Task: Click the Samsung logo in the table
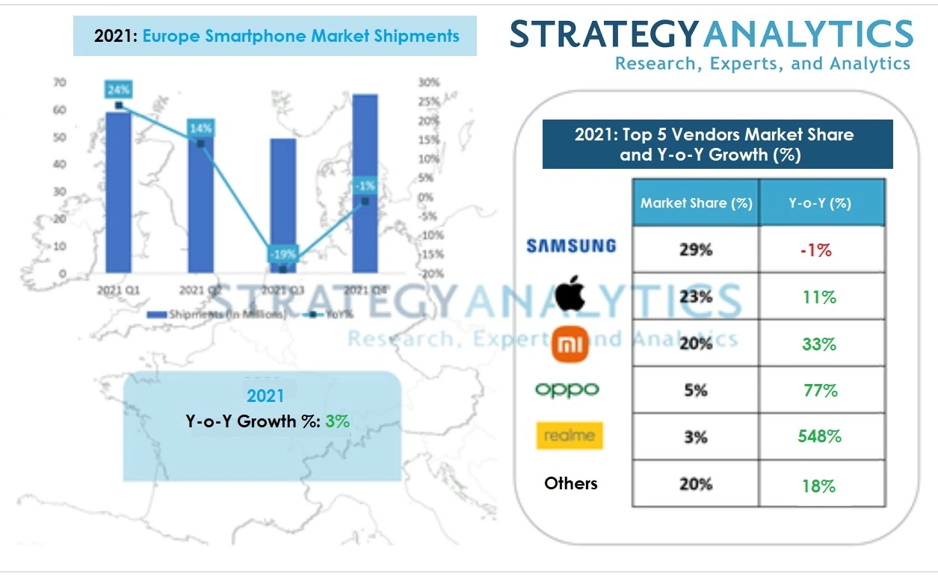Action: (x=571, y=246)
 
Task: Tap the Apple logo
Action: (x=570, y=294)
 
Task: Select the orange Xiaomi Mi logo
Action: (x=571, y=344)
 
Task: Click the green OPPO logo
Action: (x=567, y=390)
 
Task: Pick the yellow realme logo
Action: (x=570, y=436)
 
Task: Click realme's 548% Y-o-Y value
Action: (x=819, y=436)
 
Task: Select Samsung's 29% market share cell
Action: (x=695, y=250)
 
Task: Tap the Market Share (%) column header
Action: (x=696, y=203)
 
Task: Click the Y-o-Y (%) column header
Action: (x=820, y=203)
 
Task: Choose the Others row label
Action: (x=571, y=483)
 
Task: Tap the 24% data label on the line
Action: (x=118, y=90)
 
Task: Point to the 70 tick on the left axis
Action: (x=59, y=82)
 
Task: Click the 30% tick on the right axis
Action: (x=428, y=82)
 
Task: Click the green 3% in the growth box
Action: (x=337, y=421)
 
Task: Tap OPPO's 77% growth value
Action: (x=819, y=390)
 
